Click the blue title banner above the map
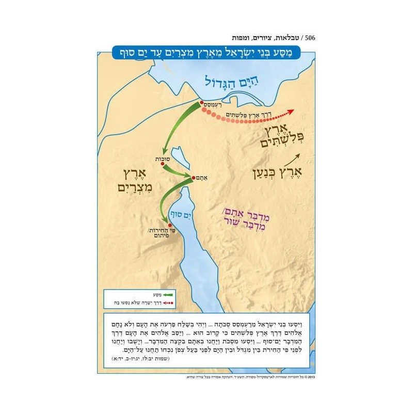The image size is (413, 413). pyautogui.click(x=206, y=53)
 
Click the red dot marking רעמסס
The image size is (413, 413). pyautogui.click(x=202, y=103)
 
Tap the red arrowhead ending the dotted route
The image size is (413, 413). pyautogui.click(x=291, y=110)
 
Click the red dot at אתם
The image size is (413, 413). pyautogui.click(x=193, y=178)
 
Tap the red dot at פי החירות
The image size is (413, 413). pyautogui.click(x=170, y=225)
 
